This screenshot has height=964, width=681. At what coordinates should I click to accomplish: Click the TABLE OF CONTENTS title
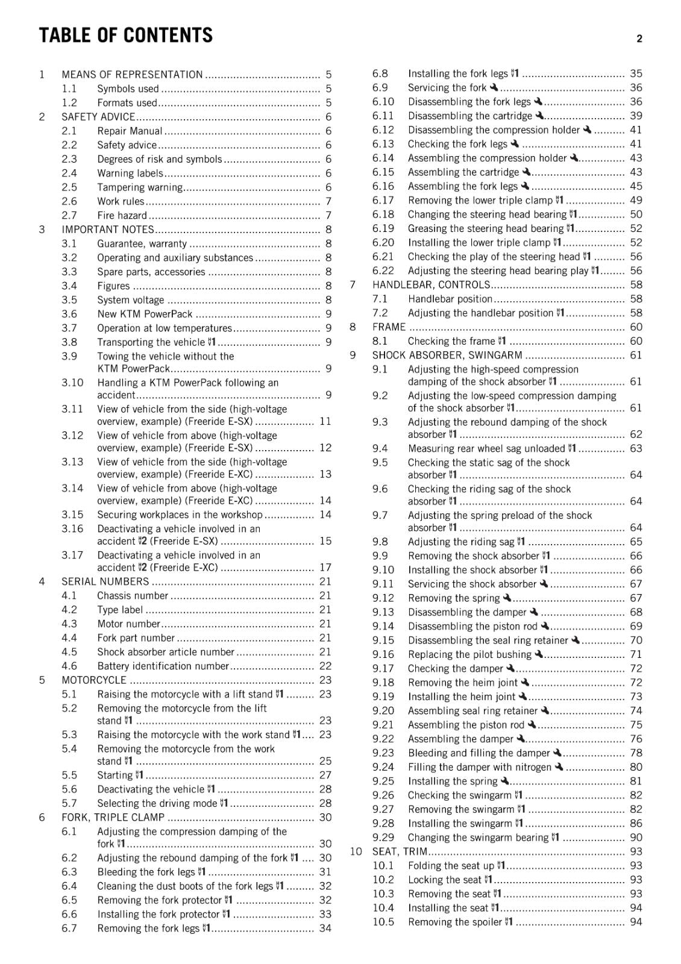(x=125, y=36)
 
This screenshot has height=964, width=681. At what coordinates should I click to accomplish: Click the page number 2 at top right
(x=639, y=39)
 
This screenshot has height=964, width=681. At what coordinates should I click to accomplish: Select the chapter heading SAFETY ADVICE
(x=98, y=117)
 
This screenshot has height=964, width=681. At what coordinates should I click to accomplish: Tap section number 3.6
(x=69, y=314)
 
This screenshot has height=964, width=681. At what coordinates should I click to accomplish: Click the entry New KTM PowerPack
(x=145, y=314)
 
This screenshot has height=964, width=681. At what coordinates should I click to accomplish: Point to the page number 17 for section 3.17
(x=325, y=568)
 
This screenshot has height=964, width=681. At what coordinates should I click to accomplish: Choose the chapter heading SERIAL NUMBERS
(x=105, y=581)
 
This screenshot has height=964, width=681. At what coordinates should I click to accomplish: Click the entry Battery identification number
(x=163, y=666)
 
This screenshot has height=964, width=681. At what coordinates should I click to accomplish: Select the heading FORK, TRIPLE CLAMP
(x=113, y=817)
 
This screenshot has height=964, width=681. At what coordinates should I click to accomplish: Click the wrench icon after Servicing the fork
(x=494, y=87)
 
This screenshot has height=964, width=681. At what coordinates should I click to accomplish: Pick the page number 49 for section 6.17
(x=636, y=200)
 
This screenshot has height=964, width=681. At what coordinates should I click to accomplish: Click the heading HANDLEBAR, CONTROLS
(x=431, y=284)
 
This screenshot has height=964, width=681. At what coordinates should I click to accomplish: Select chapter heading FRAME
(x=389, y=327)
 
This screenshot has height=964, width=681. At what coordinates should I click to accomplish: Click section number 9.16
(x=383, y=654)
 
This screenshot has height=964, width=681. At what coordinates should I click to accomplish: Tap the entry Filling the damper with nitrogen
(x=479, y=767)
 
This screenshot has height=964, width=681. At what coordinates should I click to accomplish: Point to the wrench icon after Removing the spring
(x=507, y=598)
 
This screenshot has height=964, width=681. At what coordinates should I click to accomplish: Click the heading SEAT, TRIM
(x=400, y=851)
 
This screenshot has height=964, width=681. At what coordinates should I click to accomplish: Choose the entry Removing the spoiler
(x=455, y=922)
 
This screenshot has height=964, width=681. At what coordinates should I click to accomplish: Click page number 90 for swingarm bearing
(x=636, y=837)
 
